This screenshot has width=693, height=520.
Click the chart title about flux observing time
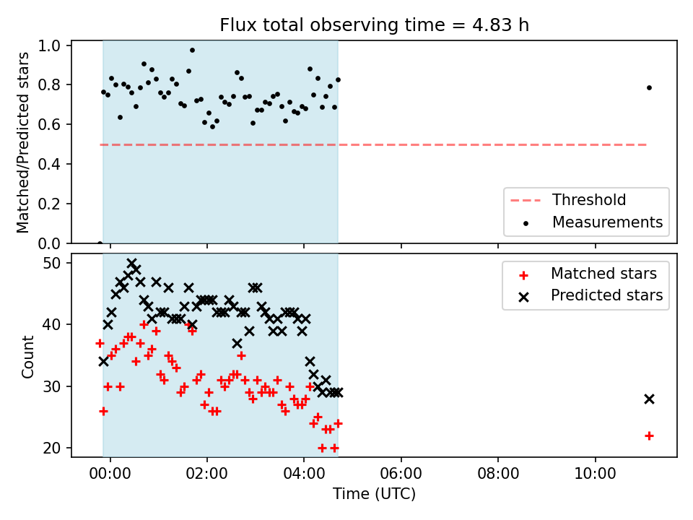(x=375, y=25)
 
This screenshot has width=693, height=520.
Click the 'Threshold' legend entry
(x=568, y=200)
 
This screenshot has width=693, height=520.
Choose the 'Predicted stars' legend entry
(x=590, y=295)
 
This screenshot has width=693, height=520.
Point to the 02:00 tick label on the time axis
(x=207, y=473)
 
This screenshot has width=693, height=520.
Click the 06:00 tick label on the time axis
(x=401, y=473)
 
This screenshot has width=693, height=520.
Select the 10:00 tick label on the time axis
(x=595, y=473)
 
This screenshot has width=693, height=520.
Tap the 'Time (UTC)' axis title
(x=375, y=493)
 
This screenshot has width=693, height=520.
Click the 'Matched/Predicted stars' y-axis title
(x=22, y=142)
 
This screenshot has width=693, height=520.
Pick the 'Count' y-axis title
(x=27, y=357)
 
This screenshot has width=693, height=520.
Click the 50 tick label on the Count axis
(x=52, y=263)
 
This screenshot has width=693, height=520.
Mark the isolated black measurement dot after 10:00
(x=649, y=87)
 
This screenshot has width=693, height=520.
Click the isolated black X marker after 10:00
(x=649, y=399)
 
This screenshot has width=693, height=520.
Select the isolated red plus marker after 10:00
(x=649, y=436)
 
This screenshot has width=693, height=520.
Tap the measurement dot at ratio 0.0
(x=100, y=243)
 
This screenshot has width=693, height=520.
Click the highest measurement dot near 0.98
(x=192, y=50)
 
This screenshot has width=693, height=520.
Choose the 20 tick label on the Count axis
(x=52, y=448)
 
